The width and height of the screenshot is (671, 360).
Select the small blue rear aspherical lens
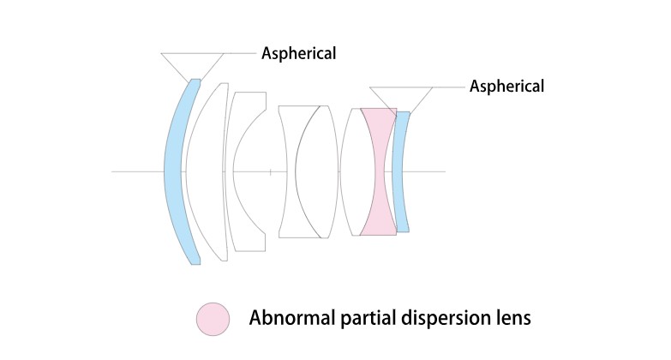pos(399,171)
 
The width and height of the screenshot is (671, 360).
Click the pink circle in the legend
pos(213,318)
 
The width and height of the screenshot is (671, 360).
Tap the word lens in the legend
pos(511,318)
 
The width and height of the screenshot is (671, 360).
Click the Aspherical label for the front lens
pos(298,53)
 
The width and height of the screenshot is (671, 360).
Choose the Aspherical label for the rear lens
pos(506,86)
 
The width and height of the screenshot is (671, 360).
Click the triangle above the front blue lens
pos(193,63)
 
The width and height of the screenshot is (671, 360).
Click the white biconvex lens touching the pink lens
pos(351,171)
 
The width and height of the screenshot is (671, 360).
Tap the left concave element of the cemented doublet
pos(287,171)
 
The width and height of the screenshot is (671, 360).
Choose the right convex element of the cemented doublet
pos(315,171)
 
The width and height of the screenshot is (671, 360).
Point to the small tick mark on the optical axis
pos(270,172)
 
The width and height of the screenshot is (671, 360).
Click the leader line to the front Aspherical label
pos(241,53)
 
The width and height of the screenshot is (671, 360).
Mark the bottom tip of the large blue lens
pos(195,262)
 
